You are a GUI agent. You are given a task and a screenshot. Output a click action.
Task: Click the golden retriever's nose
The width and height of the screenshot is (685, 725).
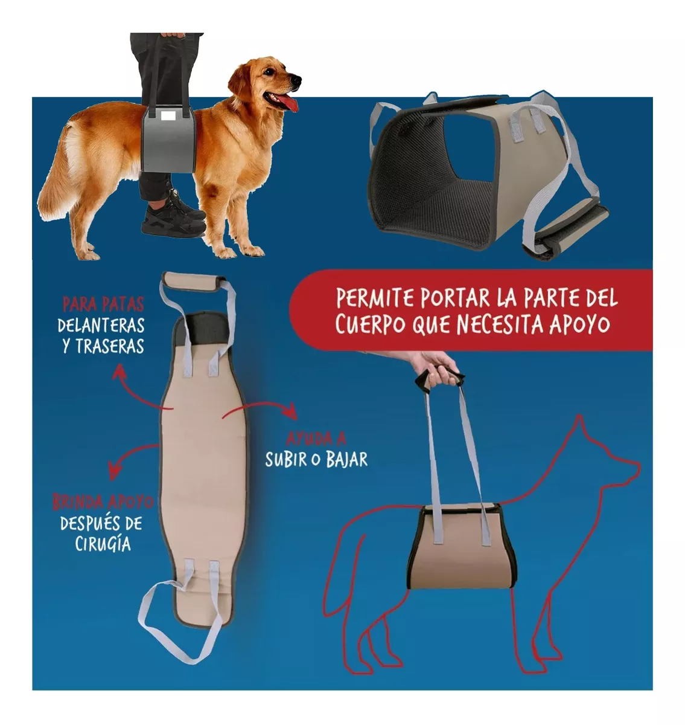[296, 79]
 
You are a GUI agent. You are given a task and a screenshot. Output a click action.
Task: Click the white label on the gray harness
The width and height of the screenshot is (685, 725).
[169, 116]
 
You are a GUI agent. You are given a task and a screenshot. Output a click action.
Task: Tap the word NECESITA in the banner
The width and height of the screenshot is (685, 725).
[501, 324]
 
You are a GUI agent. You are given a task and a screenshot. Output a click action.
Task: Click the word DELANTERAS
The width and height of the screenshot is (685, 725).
[101, 326]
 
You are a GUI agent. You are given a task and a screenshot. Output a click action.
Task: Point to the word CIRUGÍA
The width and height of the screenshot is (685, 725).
[103, 543]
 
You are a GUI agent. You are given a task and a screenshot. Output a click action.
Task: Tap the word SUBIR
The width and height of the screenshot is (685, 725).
[286, 460]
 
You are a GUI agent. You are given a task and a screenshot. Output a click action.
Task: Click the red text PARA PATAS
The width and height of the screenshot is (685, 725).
[103, 304]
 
